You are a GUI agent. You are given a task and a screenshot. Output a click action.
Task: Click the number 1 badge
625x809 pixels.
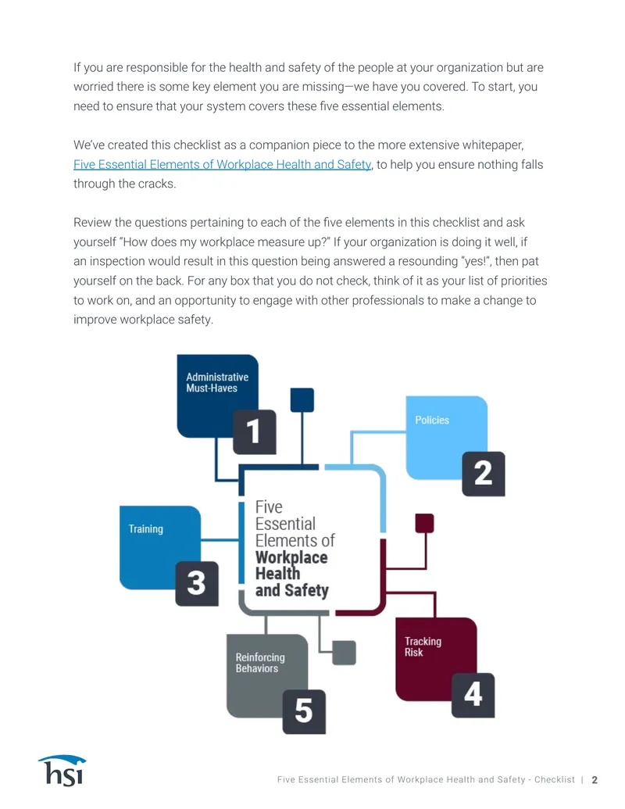click(254, 431)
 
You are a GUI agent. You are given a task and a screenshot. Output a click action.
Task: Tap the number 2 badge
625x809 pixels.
click(483, 474)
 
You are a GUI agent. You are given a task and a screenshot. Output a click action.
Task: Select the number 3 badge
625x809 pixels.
click(196, 584)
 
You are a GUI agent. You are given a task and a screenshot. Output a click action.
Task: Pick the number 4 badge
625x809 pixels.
click(473, 695)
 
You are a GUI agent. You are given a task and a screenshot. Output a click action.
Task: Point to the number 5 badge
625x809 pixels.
click(304, 711)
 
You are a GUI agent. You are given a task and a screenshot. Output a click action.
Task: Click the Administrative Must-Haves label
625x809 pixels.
click(217, 382)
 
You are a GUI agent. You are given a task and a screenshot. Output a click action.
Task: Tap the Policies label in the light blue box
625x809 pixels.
click(432, 420)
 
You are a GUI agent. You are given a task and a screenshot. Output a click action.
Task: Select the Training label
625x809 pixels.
click(146, 529)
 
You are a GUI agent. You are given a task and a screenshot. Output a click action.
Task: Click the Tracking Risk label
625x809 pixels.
click(423, 646)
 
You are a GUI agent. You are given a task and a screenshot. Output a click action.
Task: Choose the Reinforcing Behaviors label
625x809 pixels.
click(260, 663)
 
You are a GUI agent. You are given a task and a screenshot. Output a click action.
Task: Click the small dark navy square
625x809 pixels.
click(302, 400)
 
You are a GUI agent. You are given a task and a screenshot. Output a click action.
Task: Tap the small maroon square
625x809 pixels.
click(424, 523)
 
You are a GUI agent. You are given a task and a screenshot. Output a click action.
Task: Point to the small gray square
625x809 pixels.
click(344, 653)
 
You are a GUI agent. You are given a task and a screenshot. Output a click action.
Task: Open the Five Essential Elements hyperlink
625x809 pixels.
click(222, 165)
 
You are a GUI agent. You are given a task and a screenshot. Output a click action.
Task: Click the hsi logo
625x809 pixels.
click(62, 771)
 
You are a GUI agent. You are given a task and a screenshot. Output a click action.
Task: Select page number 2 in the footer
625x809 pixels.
click(595, 779)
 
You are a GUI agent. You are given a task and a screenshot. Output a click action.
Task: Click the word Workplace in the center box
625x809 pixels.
click(291, 557)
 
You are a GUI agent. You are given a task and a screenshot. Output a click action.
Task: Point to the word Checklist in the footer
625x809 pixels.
click(555, 779)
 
